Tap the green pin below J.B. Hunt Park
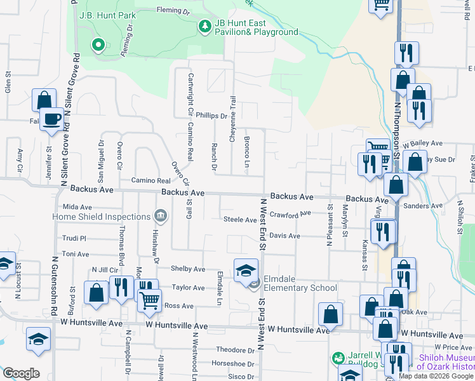coord(98,45)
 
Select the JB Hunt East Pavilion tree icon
coord(205,26)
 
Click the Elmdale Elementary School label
coord(301,288)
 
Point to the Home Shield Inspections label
coord(102,217)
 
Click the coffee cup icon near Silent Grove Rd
coord(52,119)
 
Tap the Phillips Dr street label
coord(211,116)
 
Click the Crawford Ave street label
coord(290,215)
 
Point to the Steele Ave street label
coord(239,220)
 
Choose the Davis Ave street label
coord(284,236)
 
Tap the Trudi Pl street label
coord(74,238)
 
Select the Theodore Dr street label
coord(235,350)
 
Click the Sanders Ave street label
coord(423,206)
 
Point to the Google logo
coord(21,373)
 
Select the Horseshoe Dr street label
coord(233,364)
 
